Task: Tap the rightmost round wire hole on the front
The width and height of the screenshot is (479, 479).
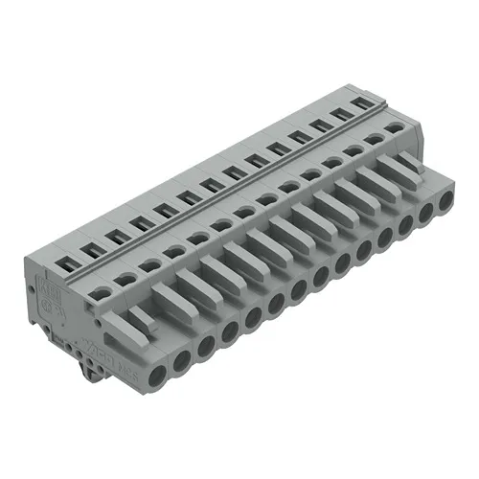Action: click(x=445, y=202)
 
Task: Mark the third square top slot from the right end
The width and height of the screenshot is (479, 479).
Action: click(x=317, y=125)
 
